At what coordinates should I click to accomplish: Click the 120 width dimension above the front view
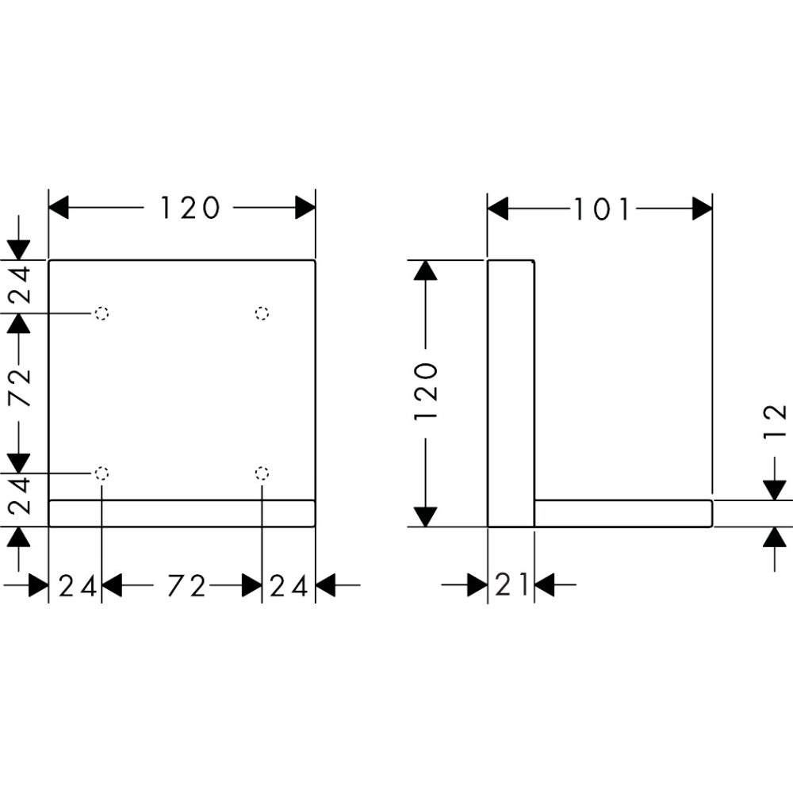[x=190, y=209]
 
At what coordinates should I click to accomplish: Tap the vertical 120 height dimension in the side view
[x=426, y=393]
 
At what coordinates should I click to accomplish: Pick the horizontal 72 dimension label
[x=186, y=586]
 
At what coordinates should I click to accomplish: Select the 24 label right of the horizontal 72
[x=289, y=586]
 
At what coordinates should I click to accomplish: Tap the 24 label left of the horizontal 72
[x=78, y=586]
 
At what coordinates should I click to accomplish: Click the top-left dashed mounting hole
[x=102, y=313]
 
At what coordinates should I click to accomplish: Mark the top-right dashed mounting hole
[x=262, y=313]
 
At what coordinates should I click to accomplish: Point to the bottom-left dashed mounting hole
[x=102, y=473]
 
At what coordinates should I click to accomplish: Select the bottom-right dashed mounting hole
[x=262, y=473]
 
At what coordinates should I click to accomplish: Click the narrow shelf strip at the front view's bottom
[x=182, y=513]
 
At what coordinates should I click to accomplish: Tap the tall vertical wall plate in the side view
[x=510, y=393]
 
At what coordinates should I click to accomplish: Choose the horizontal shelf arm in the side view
[x=623, y=513]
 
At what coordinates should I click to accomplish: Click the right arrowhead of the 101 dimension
[x=702, y=209]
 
